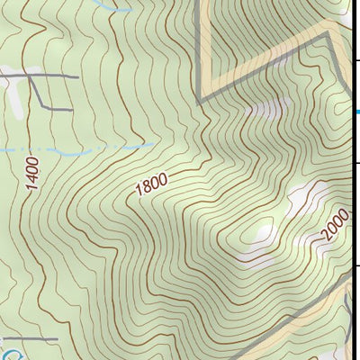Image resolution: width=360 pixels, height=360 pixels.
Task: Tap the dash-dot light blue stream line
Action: [81, 146]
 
